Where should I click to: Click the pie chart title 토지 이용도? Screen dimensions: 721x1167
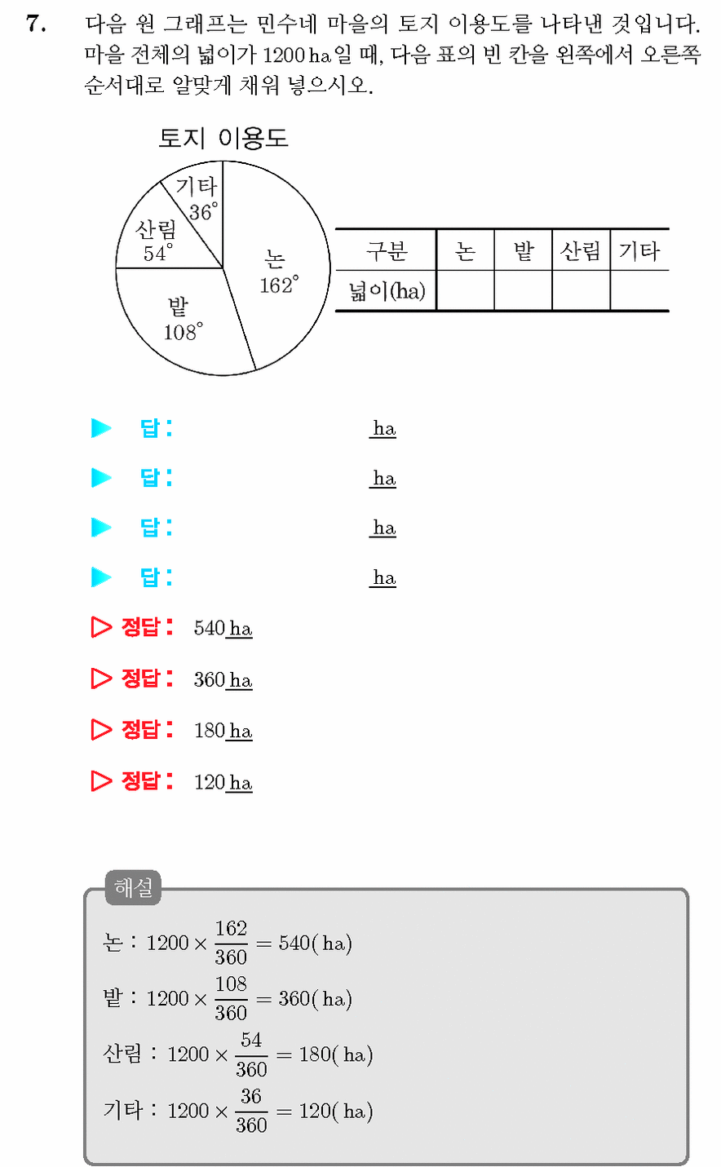coord(223,138)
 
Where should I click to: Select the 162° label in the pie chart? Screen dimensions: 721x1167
coord(279,285)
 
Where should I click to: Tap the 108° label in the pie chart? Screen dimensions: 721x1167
coord(184,332)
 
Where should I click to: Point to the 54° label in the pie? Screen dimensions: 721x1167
coord(158,253)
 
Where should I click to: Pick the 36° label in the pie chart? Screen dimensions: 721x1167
coord(204,212)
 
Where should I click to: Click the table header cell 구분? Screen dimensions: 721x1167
coord(387,251)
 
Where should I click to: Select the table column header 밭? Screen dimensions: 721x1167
coord(523,251)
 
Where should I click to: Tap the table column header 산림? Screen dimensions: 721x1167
coord(581,251)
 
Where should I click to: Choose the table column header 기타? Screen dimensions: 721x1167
coord(639,251)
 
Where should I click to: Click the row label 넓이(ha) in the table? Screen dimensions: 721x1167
coord(387,290)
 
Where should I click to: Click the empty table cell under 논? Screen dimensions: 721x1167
coord(465,290)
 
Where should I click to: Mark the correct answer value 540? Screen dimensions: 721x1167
coord(210,628)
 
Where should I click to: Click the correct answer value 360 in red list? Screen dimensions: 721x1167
coord(210,679)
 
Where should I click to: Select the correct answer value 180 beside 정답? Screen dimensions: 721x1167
coord(210,731)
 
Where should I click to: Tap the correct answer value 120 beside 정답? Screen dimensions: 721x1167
coord(210,782)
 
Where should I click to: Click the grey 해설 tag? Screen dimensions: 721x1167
coord(134,887)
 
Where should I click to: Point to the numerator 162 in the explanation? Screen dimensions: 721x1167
coord(232,928)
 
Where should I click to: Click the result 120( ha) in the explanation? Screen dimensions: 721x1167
coord(336,1112)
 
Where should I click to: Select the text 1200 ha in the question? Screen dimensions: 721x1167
coord(297,55)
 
